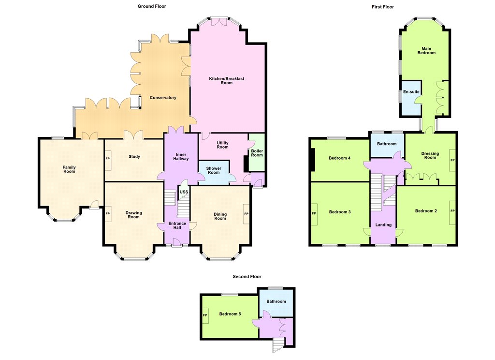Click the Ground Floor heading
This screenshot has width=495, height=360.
coord(151,6)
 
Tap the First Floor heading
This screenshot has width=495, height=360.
coord(383,7)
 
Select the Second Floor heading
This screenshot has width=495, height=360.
coord(247,277)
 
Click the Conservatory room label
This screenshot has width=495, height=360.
coord(163,98)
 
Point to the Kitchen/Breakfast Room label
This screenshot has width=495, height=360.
coord(227,81)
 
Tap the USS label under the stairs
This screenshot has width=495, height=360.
coord(184,192)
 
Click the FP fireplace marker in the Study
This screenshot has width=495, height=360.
coord(108,159)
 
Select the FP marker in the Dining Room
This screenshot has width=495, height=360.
coord(246,214)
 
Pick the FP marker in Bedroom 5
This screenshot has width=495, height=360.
coord(205,315)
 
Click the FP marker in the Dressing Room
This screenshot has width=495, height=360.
coord(452,160)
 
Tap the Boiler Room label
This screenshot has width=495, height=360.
coord(257,153)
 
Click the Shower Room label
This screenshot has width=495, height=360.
coord(214,170)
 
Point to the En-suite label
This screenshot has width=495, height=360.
coord(411,91)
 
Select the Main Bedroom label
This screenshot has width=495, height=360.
coord(426,51)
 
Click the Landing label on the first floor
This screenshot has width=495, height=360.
coord(383,225)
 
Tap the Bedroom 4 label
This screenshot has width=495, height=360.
coord(340,158)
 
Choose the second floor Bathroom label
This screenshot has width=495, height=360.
coord(276,301)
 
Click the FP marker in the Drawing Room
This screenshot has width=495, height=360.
coord(108,214)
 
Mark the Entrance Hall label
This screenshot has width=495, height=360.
coord(177,225)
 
